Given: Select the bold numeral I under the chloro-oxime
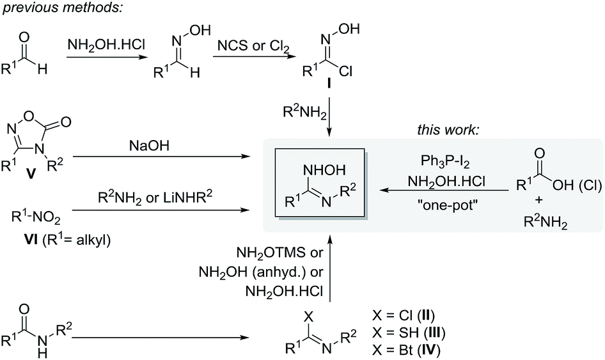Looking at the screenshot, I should click(329, 82).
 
